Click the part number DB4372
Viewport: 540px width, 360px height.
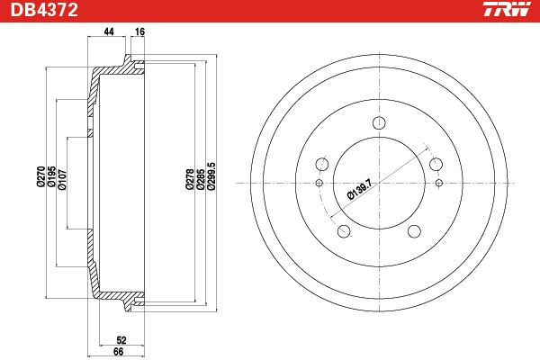click(x=44, y=10)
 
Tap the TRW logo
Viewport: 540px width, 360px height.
click(x=507, y=9)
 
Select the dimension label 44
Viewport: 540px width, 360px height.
click(x=109, y=31)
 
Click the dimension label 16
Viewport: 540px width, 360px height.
click(x=139, y=31)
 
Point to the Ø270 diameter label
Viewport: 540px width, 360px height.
click(x=40, y=176)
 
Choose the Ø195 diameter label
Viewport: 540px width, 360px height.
click(x=51, y=176)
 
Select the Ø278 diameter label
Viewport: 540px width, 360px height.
click(x=190, y=179)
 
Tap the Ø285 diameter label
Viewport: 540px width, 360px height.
click(x=201, y=179)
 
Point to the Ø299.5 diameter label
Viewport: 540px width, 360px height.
click(x=211, y=176)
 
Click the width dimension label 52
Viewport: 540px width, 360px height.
click(x=121, y=340)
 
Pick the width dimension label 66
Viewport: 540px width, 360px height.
click(x=118, y=352)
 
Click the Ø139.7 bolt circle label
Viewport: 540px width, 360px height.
click(x=360, y=190)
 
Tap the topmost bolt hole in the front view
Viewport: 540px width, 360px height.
click(x=379, y=123)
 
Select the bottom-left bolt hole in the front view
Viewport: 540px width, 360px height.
click(x=344, y=231)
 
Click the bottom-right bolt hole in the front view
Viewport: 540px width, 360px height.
click(x=414, y=231)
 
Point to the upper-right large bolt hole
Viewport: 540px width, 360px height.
click(x=436, y=165)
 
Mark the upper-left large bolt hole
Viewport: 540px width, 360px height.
click(x=322, y=165)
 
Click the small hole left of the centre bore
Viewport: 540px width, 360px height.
click(x=319, y=183)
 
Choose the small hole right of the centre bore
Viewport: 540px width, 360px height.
click(x=439, y=183)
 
